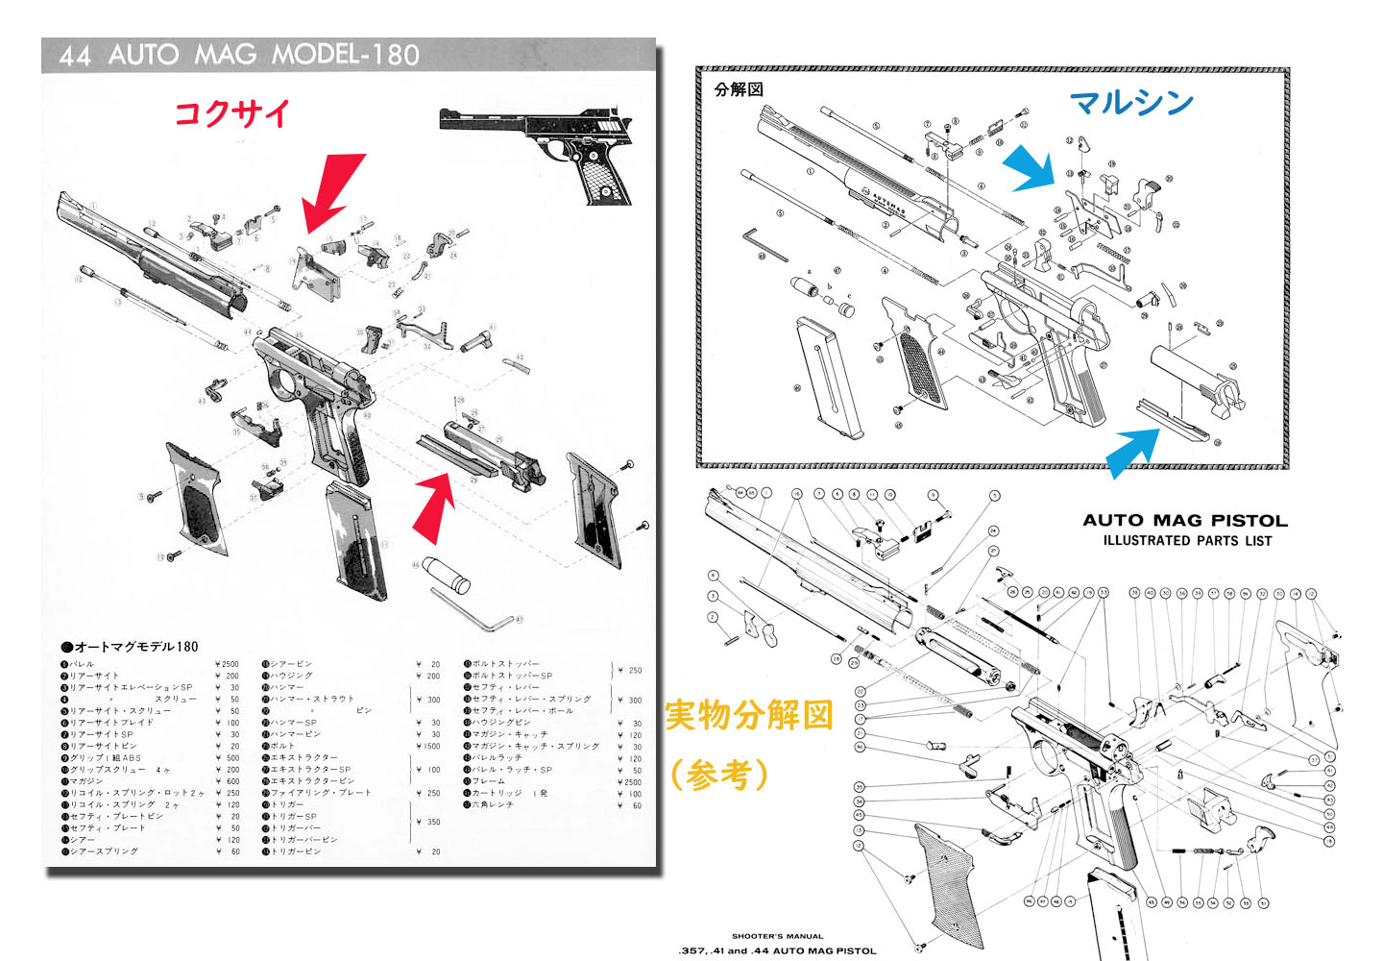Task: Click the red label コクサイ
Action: click(231, 113)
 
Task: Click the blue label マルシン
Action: click(1131, 102)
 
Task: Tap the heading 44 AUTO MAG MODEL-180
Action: click(239, 55)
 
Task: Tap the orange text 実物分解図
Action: click(748, 716)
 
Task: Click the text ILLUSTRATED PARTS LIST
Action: click(1187, 541)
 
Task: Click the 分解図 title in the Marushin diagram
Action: click(739, 89)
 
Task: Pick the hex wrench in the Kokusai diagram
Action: click(473, 609)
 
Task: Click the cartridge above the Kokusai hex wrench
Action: click(446, 574)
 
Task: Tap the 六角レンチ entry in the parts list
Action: click(494, 804)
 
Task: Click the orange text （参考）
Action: click(720, 774)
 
